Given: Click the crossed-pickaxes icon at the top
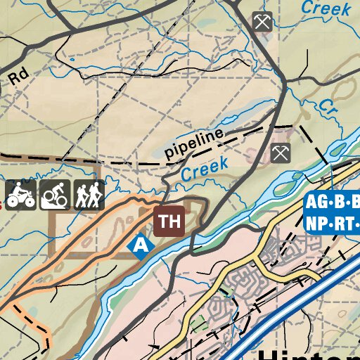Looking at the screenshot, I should tap(262, 22).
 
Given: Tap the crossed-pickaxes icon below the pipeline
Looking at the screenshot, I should tap(280, 152).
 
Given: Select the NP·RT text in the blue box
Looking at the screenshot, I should tap(332, 224).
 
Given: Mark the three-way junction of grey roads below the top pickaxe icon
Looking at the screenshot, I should tap(285, 87).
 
